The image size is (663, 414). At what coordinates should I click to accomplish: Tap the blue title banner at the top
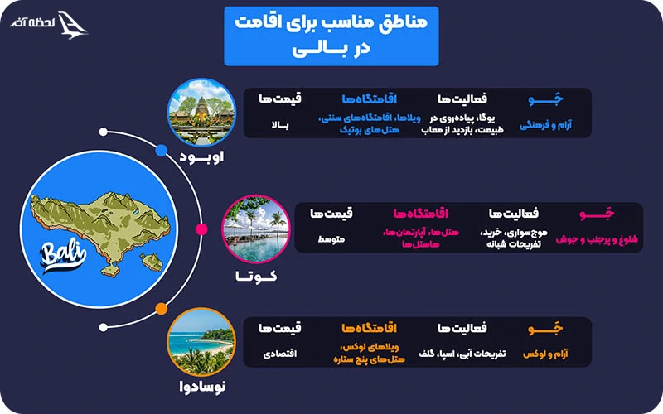point(331,36)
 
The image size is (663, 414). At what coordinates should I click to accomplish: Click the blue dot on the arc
point(162,151)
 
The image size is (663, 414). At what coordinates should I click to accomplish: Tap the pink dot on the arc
point(201,229)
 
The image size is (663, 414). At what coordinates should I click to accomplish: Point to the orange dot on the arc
point(162,310)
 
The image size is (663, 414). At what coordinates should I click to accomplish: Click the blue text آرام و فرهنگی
point(545,127)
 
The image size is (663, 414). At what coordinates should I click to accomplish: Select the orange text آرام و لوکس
point(545,354)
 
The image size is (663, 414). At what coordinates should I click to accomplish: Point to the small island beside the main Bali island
point(150,262)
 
